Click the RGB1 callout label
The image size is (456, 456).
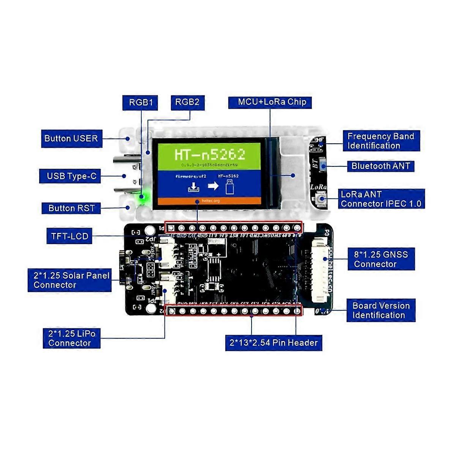pyautogui.click(x=140, y=103)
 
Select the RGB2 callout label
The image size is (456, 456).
pyautogui.click(x=187, y=102)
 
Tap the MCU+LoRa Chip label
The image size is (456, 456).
pyautogui.click(x=270, y=102)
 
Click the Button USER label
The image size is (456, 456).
pyautogui.click(x=71, y=139)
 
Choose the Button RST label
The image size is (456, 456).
pyautogui.click(x=71, y=208)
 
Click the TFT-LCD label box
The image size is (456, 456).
pyautogui.click(x=70, y=236)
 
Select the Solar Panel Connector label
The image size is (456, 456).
pyautogui.click(x=70, y=280)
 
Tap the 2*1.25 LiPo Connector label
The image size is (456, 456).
pyautogui.click(x=71, y=338)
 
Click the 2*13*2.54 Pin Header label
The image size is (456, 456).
pyautogui.click(x=274, y=343)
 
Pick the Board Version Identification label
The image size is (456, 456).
pyautogui.click(x=381, y=310)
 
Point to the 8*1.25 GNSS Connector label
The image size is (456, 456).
pyautogui.click(x=381, y=259)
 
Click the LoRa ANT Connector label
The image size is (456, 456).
pyautogui.click(x=381, y=199)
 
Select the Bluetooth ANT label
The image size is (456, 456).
pyautogui.click(x=380, y=166)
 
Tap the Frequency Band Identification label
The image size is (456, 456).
pyautogui.click(x=381, y=141)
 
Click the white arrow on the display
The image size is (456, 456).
pyautogui.click(x=213, y=186)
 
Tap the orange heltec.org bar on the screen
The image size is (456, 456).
pyautogui.click(x=209, y=201)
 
